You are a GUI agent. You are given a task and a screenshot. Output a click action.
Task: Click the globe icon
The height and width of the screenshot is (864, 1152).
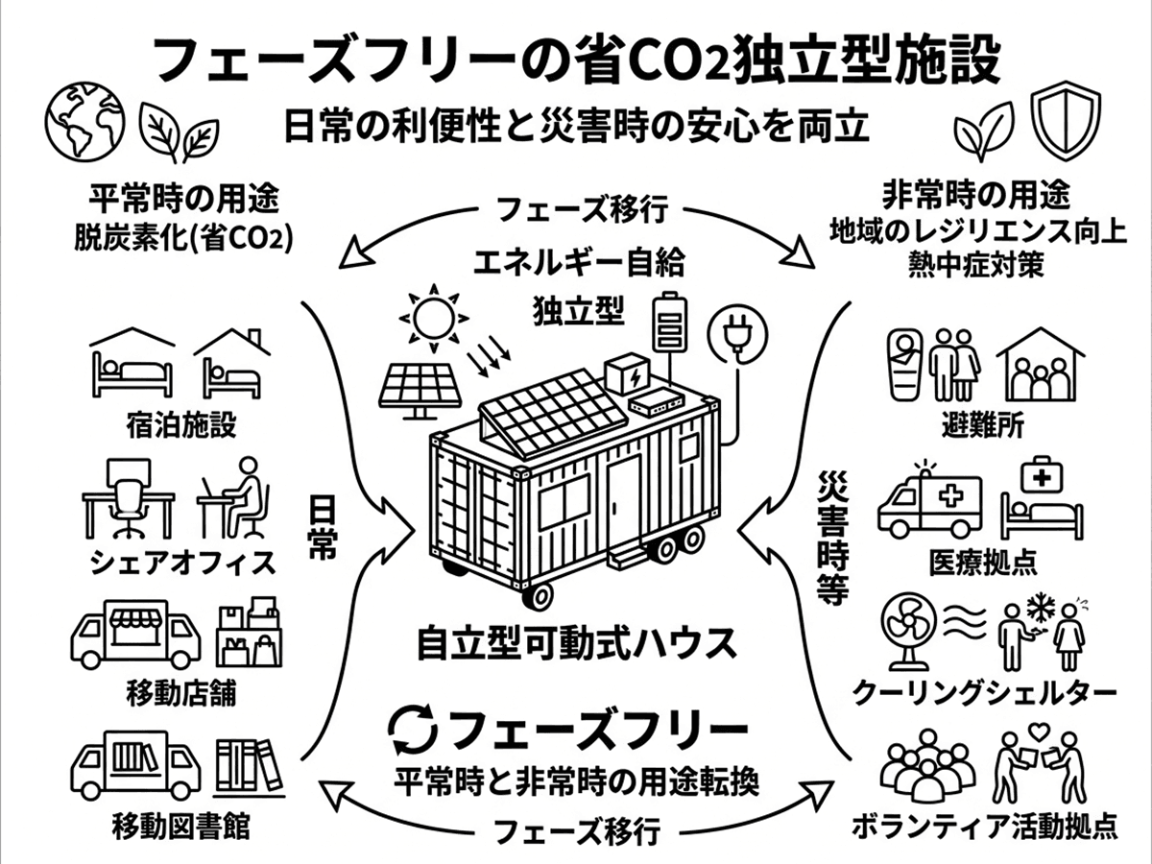86,120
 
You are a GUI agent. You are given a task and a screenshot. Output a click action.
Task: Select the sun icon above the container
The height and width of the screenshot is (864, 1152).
434,318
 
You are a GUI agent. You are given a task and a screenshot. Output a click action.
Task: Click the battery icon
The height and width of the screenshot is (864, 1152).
669,321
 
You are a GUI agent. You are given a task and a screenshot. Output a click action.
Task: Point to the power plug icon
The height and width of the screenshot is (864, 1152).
737,335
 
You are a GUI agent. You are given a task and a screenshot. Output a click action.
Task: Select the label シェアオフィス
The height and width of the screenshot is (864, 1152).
182,563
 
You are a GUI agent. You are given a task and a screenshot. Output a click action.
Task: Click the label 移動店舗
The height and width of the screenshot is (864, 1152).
181,693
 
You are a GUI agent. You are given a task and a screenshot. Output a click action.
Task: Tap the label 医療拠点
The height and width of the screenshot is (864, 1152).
983,562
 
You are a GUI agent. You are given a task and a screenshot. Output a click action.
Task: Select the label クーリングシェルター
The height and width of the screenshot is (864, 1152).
984,693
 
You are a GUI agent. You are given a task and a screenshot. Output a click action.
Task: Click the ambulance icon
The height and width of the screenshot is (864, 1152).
930,504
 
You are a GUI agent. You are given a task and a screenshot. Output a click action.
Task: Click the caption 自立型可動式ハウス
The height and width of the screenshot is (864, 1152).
577,644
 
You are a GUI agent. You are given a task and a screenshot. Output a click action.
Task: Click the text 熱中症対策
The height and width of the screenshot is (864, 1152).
976,266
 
